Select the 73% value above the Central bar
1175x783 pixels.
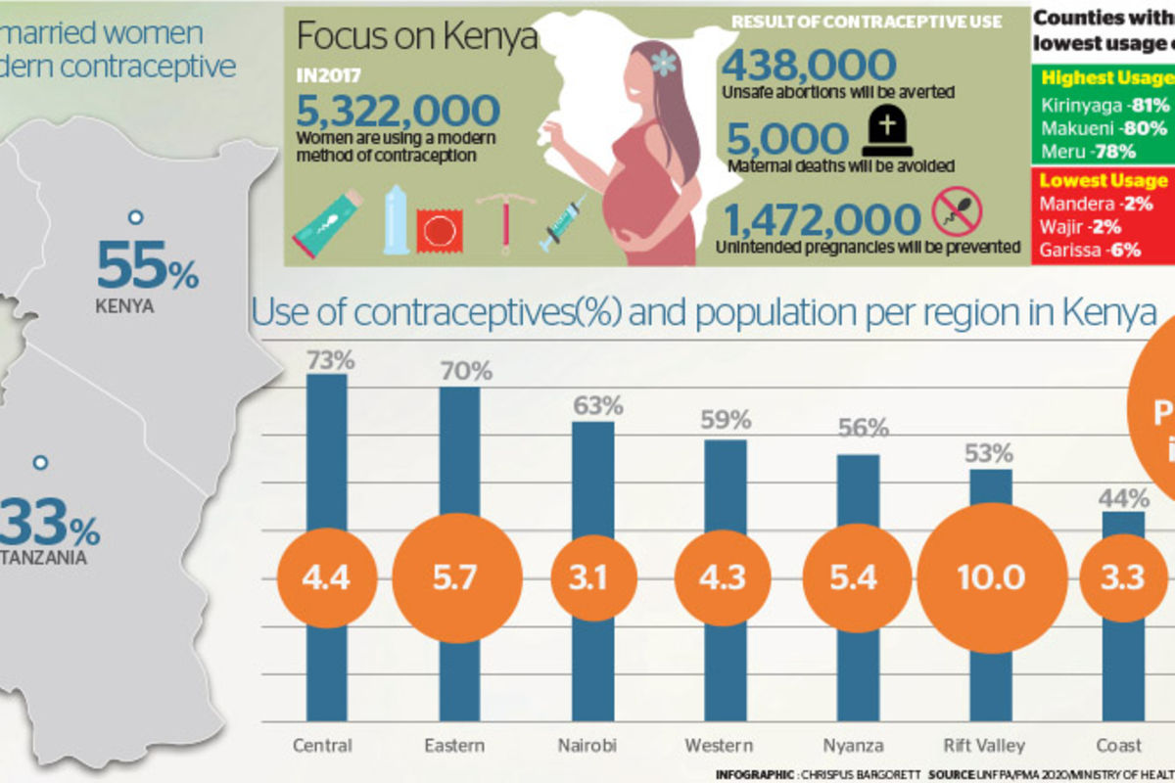(330, 359)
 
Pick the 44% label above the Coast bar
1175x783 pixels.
(1123, 498)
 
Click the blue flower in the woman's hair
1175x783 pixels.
(665, 63)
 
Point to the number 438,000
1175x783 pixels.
(809, 66)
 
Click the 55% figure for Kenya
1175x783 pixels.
(147, 266)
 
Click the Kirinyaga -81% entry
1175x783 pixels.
(1104, 105)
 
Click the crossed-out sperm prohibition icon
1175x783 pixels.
(956, 210)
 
